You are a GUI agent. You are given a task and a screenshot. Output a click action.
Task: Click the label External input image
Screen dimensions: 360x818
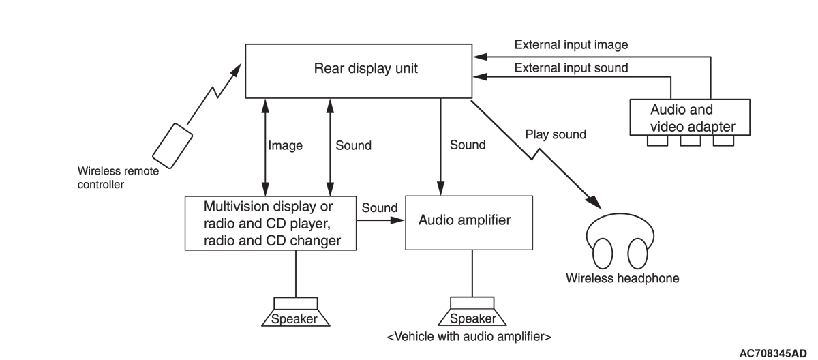[x=571, y=45]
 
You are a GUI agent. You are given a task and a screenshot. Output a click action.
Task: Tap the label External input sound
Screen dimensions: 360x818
[x=571, y=67]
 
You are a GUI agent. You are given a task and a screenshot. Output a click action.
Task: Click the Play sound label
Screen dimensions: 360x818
[x=556, y=134]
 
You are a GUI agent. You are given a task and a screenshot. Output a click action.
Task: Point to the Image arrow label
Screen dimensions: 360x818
[x=285, y=145]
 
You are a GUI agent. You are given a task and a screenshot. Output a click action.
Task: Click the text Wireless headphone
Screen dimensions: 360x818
[x=622, y=278]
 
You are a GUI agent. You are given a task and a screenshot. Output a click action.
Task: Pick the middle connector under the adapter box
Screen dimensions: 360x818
[x=690, y=140]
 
